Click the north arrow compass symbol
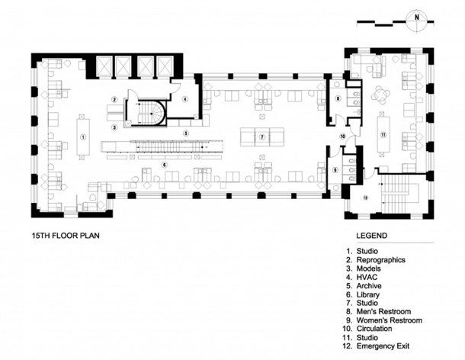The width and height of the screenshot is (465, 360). click(417, 21)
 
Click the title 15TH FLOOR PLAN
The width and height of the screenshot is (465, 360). click(66, 236)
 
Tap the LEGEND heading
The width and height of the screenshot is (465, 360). click(371, 236)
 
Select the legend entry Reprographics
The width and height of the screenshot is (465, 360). click(381, 260)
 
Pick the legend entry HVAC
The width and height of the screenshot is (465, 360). click(367, 277)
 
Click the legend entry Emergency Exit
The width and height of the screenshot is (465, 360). click(383, 346)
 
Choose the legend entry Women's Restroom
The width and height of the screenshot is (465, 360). click(389, 320)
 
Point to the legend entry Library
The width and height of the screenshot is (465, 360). click(367, 294)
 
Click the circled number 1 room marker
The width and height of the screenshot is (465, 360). click(83, 137)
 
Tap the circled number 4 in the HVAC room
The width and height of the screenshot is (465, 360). click(185, 99)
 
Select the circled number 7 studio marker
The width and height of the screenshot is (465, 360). click(261, 137)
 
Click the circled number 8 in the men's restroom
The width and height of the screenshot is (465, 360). click(338, 99)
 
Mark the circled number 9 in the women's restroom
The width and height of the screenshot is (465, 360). click(335, 170)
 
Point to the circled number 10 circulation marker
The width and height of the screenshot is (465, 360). click(343, 137)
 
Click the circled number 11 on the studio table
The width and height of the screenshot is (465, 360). click(383, 135)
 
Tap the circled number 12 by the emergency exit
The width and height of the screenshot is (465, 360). click(365, 198)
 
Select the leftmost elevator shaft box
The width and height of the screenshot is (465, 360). click(104, 66)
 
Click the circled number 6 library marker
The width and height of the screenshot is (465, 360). click(165, 165)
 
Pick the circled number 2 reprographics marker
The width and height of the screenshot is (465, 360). click(114, 99)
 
